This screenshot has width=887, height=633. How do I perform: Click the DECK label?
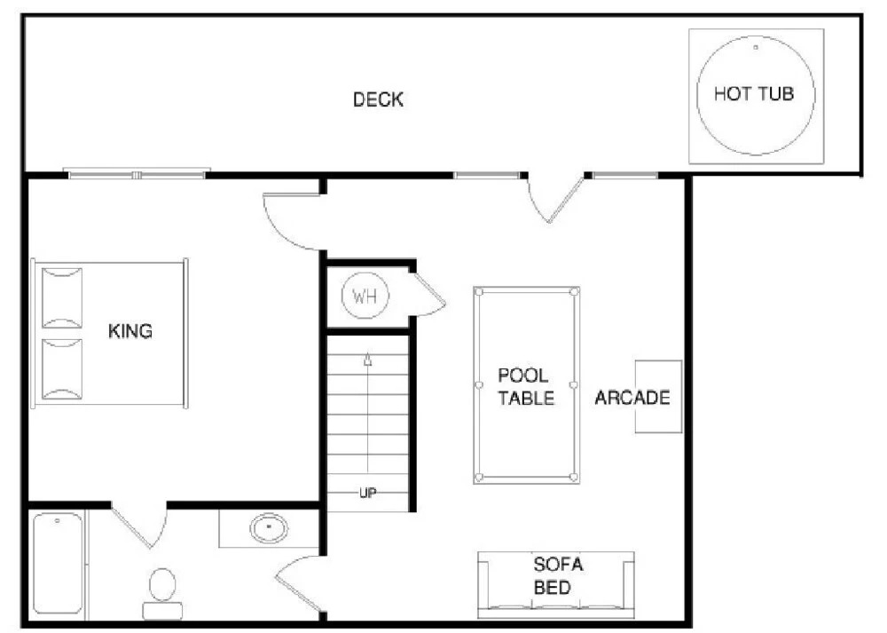click(x=378, y=99)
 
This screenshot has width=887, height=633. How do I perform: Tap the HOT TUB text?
click(x=754, y=93)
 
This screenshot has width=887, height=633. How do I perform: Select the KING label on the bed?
click(x=130, y=330)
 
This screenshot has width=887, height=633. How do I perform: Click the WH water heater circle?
click(x=365, y=296)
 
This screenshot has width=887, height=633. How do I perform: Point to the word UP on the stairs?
click(x=368, y=493)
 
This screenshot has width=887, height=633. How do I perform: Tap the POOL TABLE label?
click(x=525, y=387)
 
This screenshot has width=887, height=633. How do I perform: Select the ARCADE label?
click(x=632, y=398)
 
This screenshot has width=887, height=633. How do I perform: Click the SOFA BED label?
click(x=558, y=576)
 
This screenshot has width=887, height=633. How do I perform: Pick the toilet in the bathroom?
click(x=162, y=594)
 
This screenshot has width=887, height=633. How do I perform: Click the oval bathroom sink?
click(x=269, y=527)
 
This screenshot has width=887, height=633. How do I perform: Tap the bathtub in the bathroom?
click(x=58, y=564)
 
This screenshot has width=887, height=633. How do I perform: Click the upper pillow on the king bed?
click(x=62, y=297)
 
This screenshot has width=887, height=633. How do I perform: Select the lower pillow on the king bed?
click(x=62, y=369)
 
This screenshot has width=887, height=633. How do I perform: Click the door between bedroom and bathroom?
click(x=139, y=525)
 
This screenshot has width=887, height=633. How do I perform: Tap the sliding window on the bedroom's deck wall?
click(x=137, y=173)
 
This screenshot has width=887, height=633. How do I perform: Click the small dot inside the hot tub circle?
click(x=755, y=48)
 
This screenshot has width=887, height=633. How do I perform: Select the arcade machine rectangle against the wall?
click(x=658, y=396)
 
